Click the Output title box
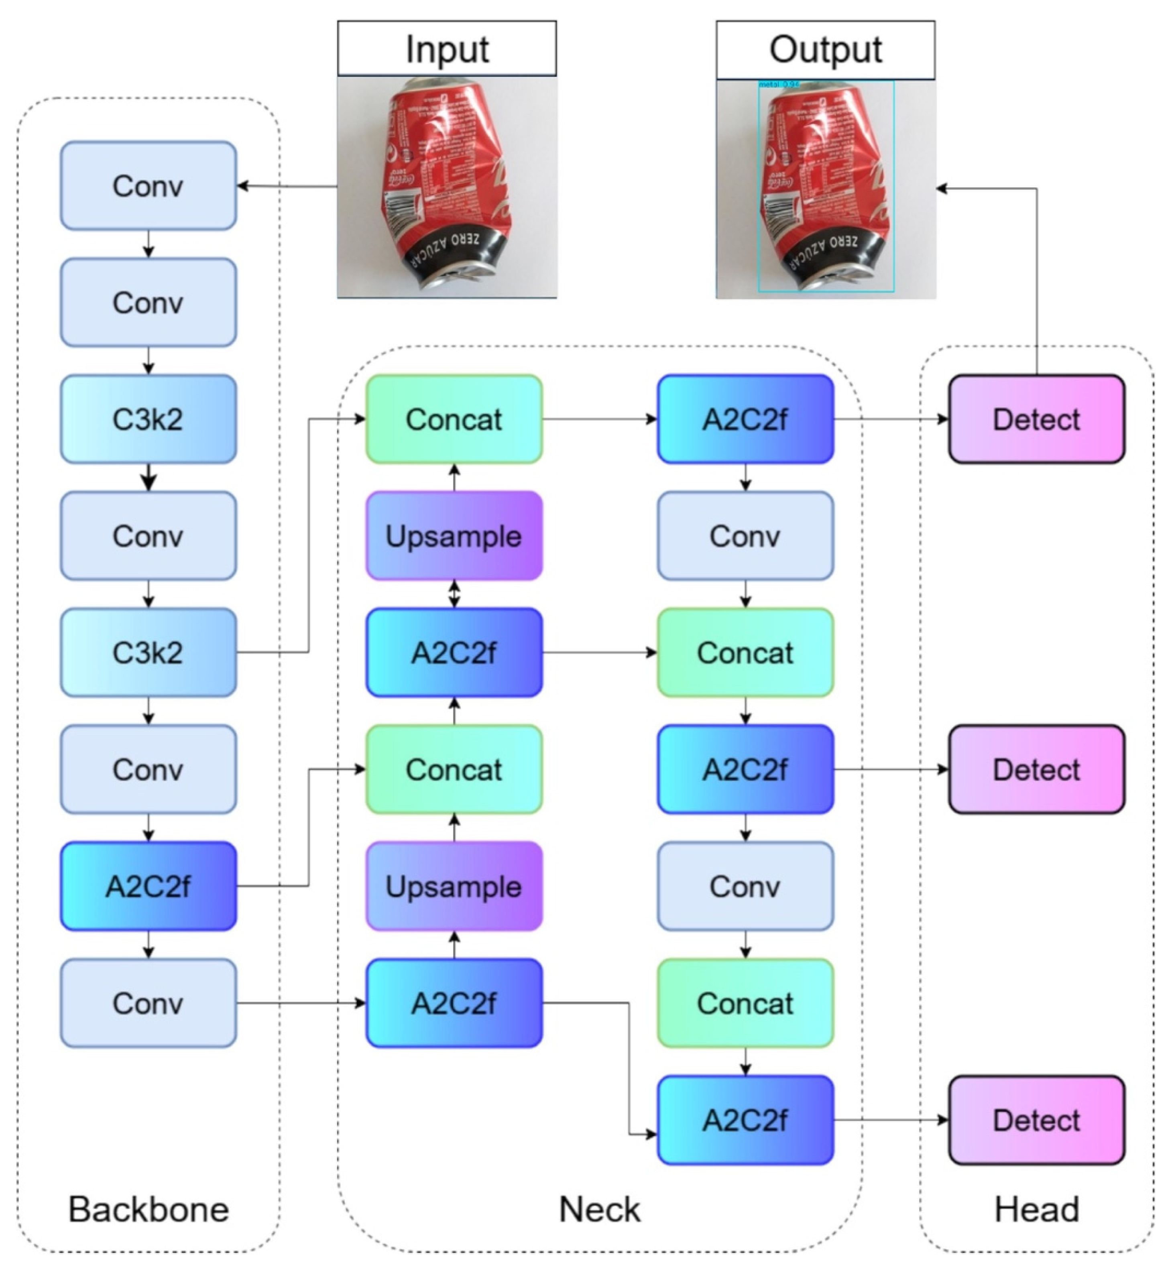coord(825,49)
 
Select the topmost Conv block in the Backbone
coord(148,185)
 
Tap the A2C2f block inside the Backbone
coord(148,886)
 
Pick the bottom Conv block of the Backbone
coord(148,1003)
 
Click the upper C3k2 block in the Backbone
coord(148,419)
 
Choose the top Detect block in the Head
coord(1036,419)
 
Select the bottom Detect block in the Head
coord(1036,1120)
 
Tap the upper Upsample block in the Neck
coord(454,536)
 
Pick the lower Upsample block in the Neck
coord(454,886)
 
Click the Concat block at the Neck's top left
coord(454,419)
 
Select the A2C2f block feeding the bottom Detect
coord(745,1120)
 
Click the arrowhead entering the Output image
coord(942,188)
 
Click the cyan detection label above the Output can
coord(779,83)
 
